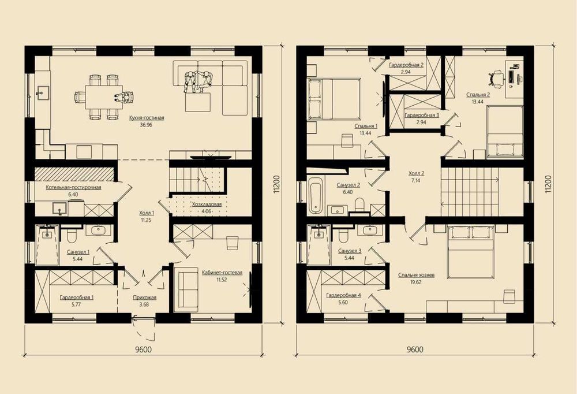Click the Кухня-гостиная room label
pos(147,118)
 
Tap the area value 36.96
pos(147,125)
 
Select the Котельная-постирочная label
pos(74,188)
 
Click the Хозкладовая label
pos(207,204)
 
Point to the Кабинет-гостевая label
pos(222,273)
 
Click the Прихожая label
pos(145,298)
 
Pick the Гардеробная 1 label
pos(77,298)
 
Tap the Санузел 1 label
pos(78,252)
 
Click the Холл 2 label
pos(417,173)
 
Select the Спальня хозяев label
pos(416,275)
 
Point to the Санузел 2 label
pos(348,185)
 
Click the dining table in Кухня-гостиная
pos(104,97)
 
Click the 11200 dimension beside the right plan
pos(549,184)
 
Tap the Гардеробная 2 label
pos(407,65)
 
